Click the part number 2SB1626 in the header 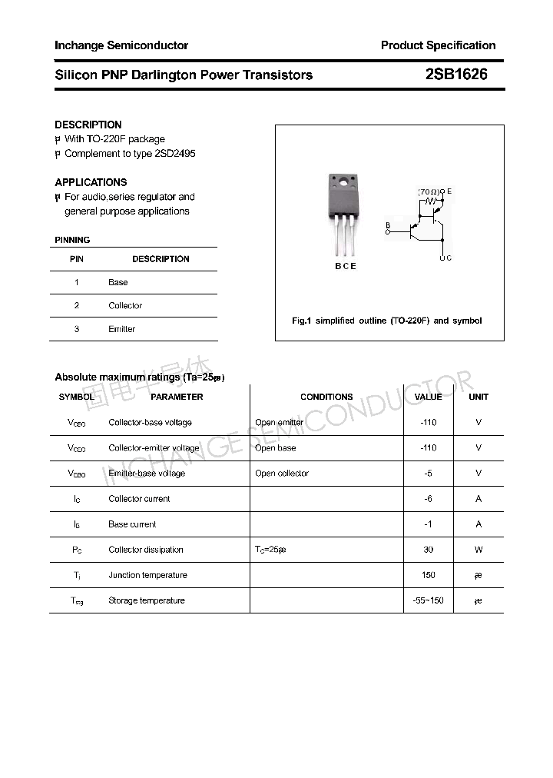455,75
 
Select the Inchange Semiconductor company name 121,45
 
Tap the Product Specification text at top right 438,45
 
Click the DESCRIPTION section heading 88,125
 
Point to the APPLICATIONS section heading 91,182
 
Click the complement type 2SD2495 175,154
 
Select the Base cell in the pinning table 118,282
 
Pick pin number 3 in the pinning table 77,329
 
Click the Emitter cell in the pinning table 121,329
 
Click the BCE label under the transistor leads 345,266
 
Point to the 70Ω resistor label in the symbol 429,191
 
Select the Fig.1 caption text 387,321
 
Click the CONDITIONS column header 326,397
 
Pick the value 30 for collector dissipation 429,550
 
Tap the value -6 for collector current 429,499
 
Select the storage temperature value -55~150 429,600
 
